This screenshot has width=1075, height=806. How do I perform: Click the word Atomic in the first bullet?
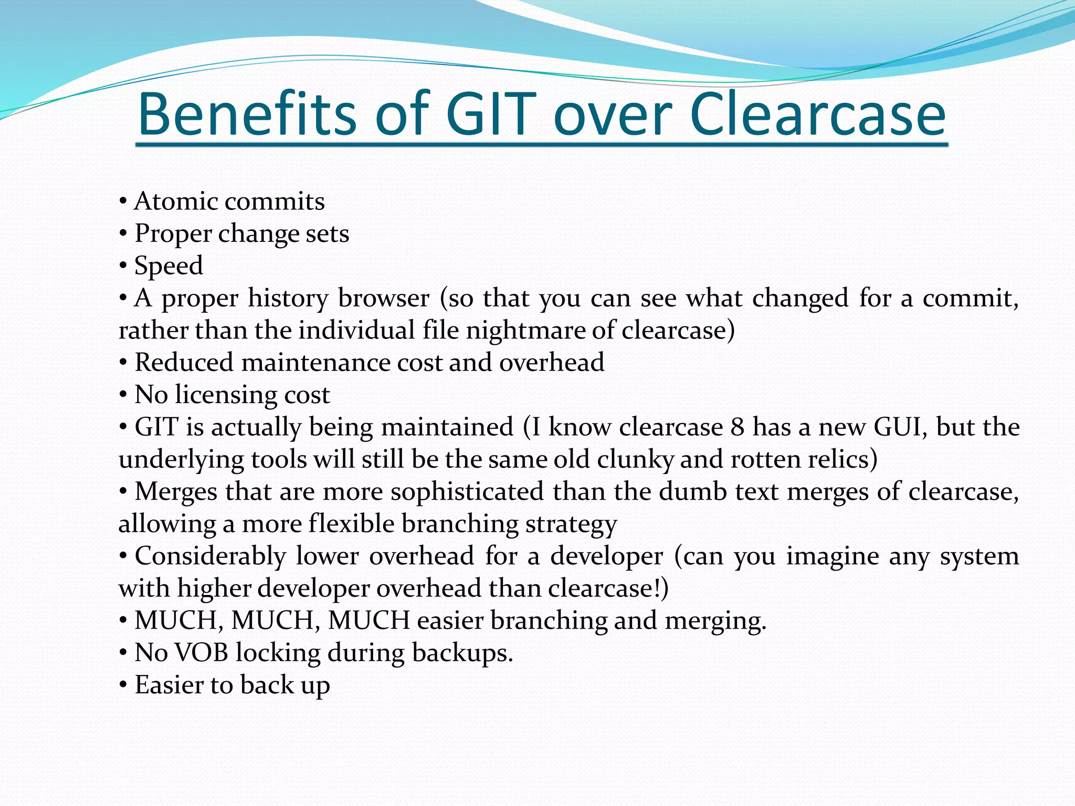click(176, 201)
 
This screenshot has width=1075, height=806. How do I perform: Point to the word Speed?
click(168, 266)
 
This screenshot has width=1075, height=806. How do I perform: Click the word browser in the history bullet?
click(384, 298)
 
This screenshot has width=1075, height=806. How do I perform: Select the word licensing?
click(226, 395)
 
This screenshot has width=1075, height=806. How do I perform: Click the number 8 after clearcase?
click(737, 427)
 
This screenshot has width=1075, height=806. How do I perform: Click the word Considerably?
click(210, 556)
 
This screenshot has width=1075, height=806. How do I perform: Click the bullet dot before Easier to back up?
click(123, 685)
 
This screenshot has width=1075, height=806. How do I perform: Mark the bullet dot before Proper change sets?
click(123, 234)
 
